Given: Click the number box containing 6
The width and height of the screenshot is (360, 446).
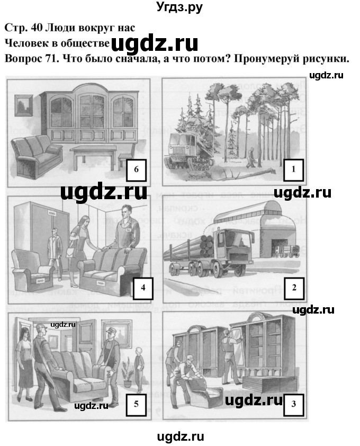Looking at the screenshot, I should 137,170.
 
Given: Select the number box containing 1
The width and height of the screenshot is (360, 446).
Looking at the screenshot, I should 293,170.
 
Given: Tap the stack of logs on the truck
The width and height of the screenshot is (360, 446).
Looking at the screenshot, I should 193,246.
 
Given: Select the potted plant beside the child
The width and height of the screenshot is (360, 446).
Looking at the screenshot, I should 127,371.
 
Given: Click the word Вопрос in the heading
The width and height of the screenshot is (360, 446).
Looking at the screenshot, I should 23,59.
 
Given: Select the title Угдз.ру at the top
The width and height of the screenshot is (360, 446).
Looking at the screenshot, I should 180,7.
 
